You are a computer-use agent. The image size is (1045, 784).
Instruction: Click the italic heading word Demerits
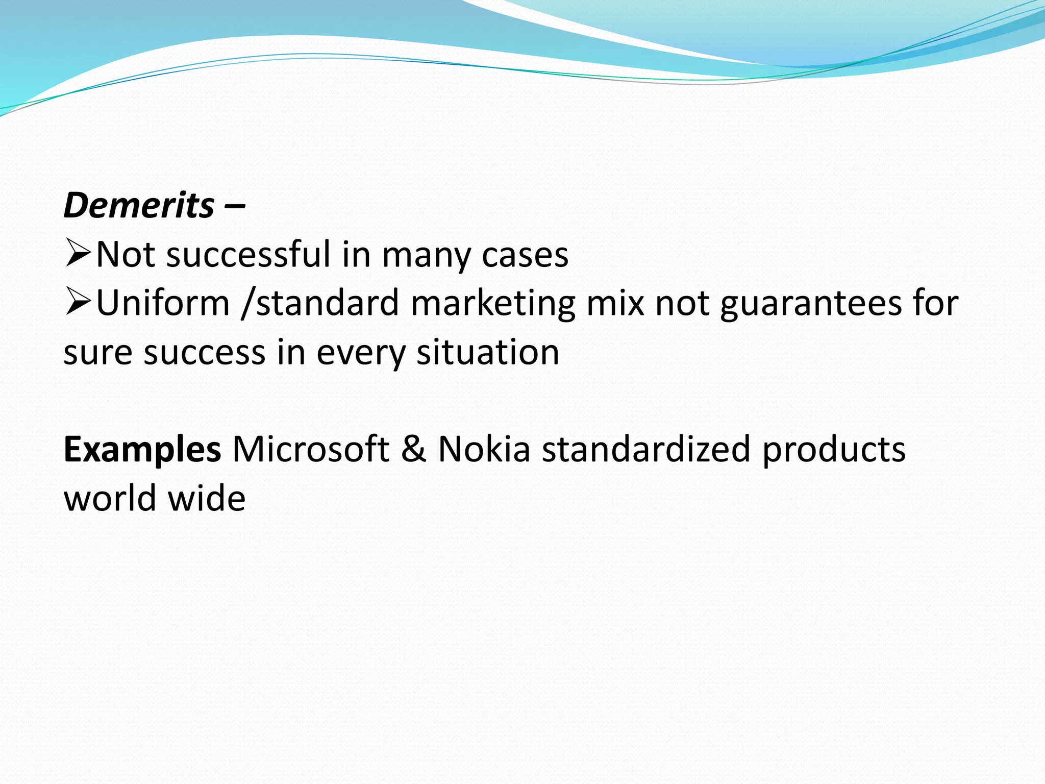tap(139, 206)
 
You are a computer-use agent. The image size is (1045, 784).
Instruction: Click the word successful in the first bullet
tap(248, 254)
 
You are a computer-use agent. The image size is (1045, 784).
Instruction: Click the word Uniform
tap(163, 303)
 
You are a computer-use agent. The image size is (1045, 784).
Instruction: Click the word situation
tap(488, 352)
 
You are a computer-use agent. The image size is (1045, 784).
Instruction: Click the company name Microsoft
tap(311, 449)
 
